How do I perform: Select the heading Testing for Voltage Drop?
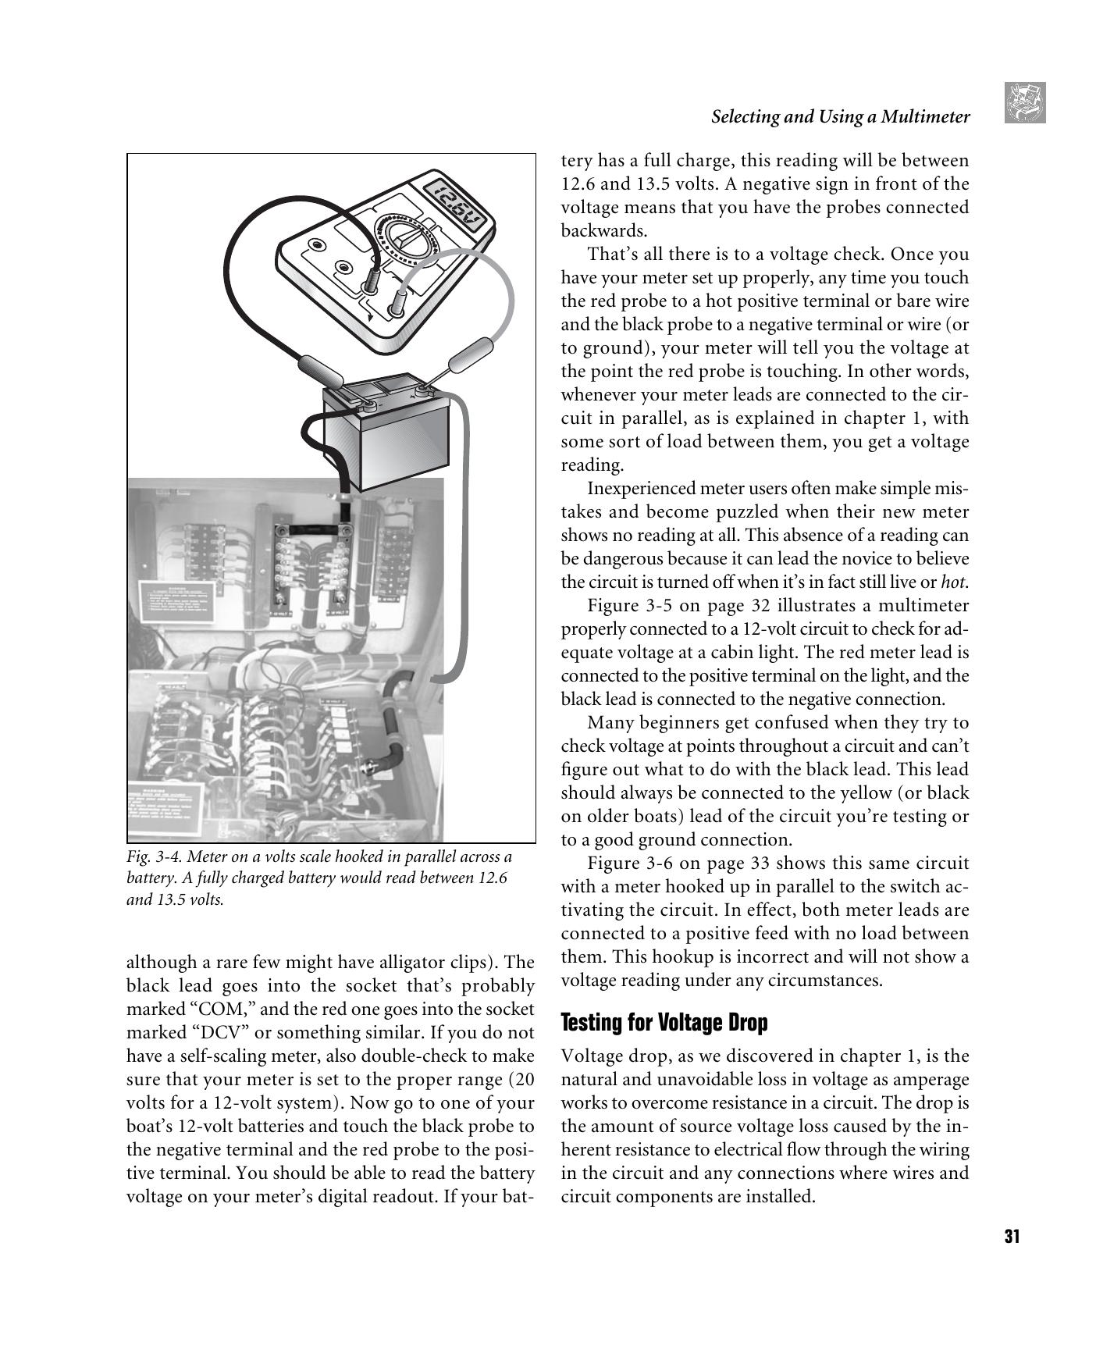pyautogui.click(x=664, y=1022)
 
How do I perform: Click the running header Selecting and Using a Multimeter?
pyautogui.click(x=840, y=117)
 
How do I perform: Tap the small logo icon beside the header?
pyautogui.click(x=1025, y=103)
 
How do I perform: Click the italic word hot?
pyautogui.click(x=954, y=582)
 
